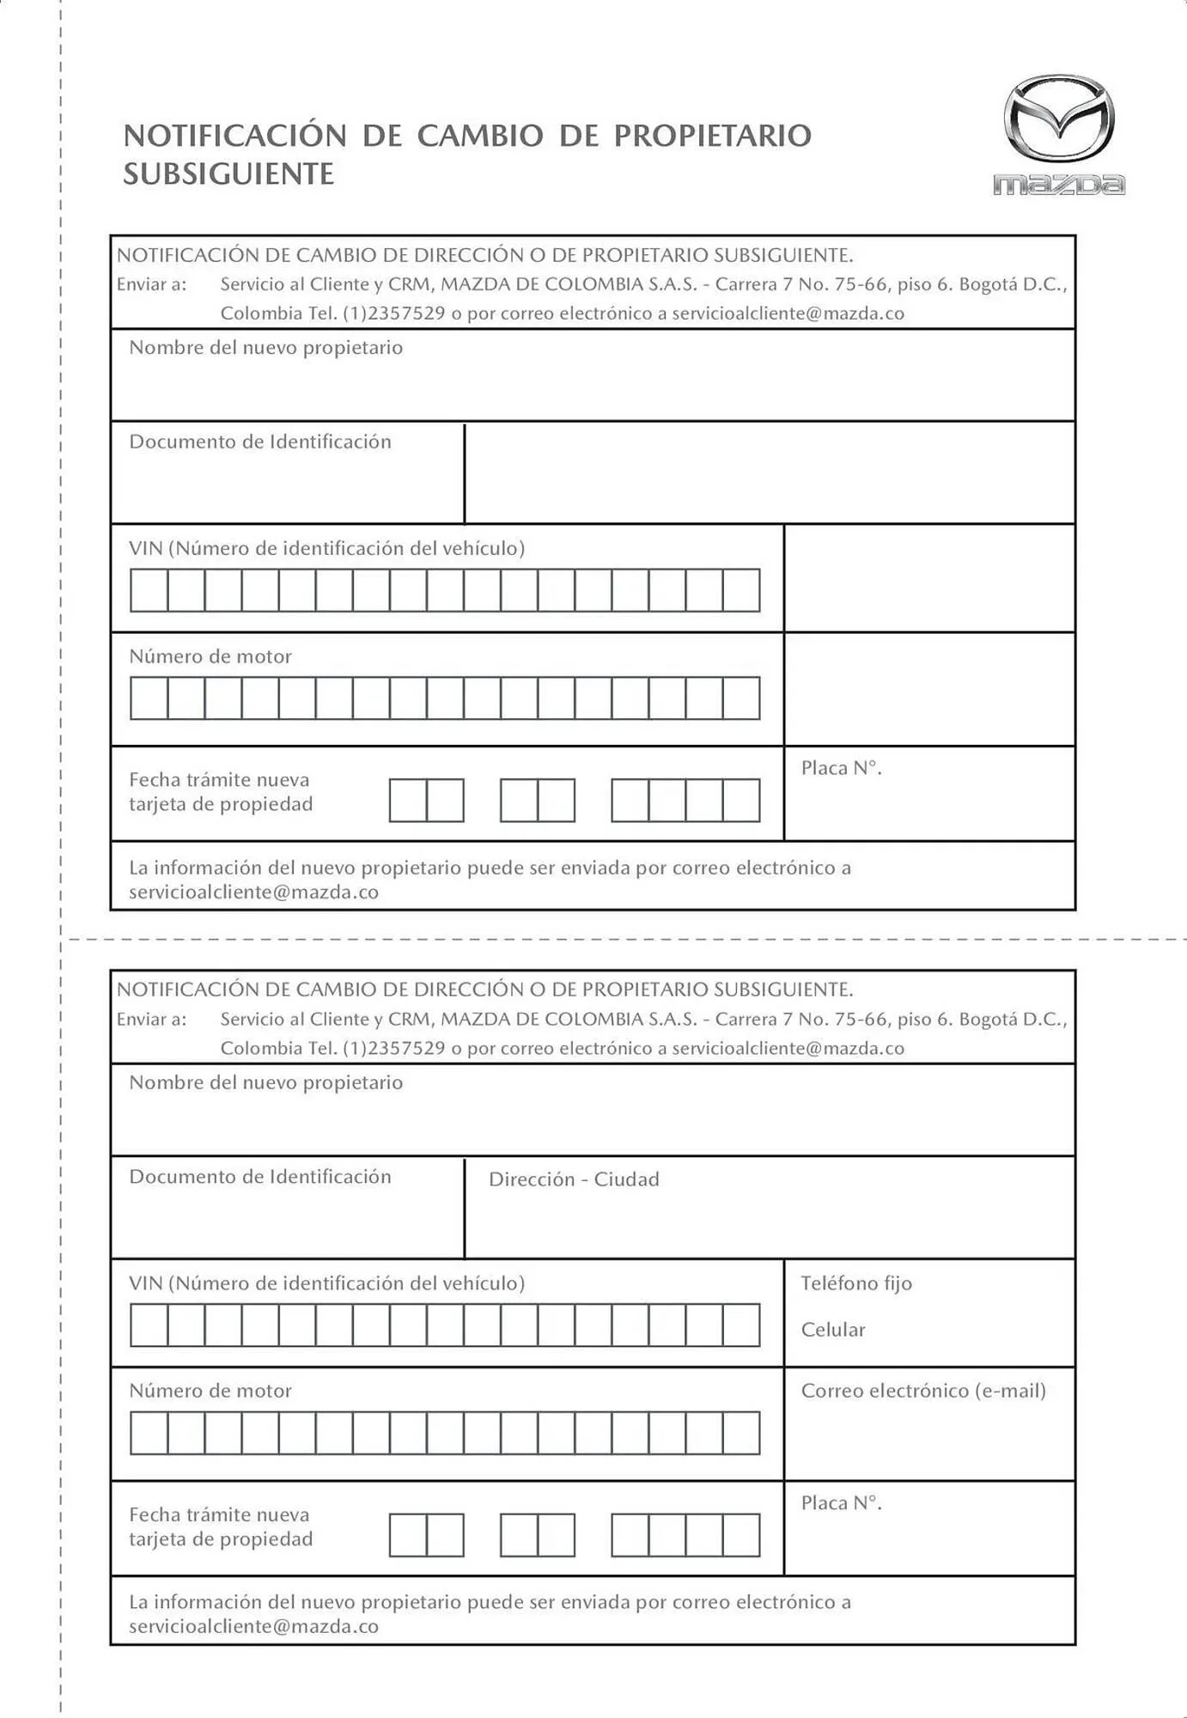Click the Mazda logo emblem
(x=1059, y=119)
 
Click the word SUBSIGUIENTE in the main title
(x=228, y=174)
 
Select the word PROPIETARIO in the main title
(x=712, y=136)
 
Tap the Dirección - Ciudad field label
(x=574, y=1179)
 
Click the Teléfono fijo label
(x=856, y=1283)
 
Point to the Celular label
(x=832, y=1330)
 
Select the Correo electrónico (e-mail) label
(x=923, y=1391)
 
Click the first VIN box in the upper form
(x=149, y=590)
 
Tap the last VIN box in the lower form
(x=741, y=1325)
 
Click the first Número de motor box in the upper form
(x=149, y=698)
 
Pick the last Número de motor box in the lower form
(x=741, y=1433)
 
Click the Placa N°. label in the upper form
(x=841, y=768)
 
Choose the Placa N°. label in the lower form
(x=841, y=1503)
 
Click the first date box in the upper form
(x=408, y=801)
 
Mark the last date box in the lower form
(x=741, y=1535)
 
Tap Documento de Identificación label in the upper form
(x=259, y=442)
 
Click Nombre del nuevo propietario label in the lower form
(x=265, y=1082)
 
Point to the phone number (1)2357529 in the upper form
(x=393, y=314)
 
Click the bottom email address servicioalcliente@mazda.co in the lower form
(x=253, y=1626)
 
